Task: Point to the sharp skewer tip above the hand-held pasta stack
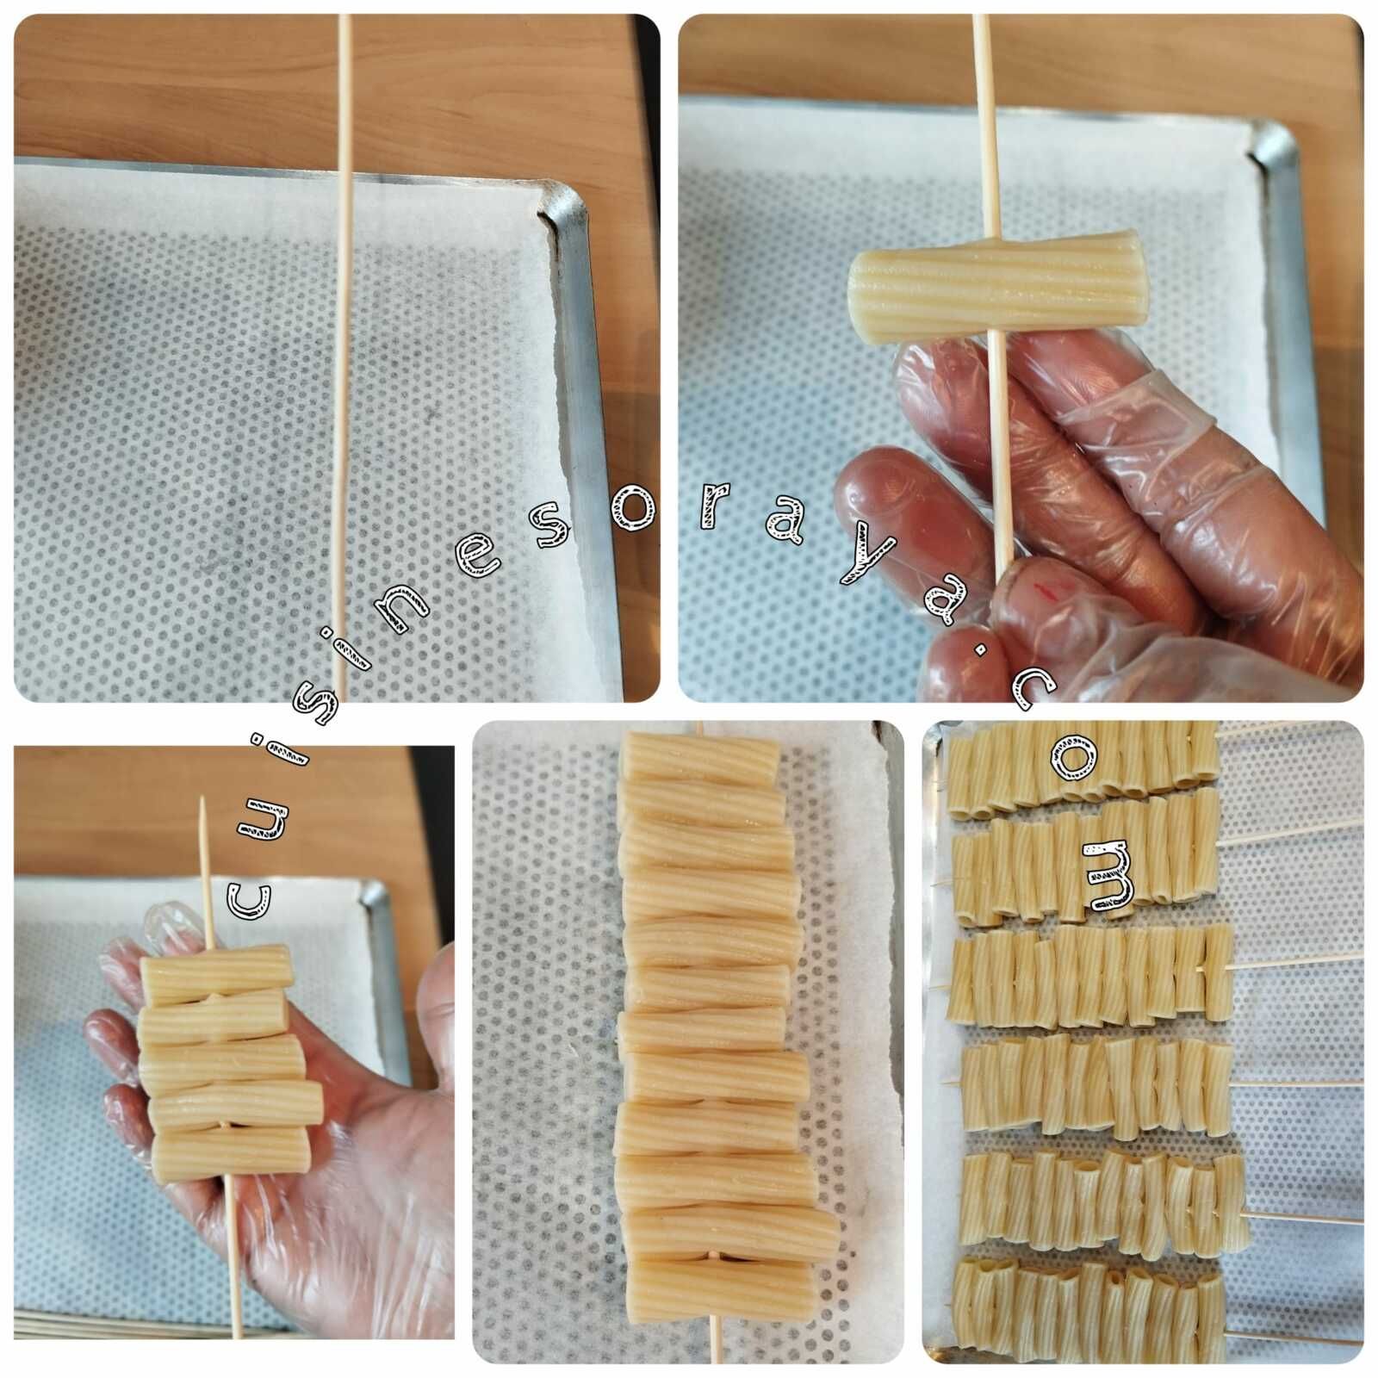pos(202,799)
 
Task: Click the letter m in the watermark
pos(1104,875)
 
